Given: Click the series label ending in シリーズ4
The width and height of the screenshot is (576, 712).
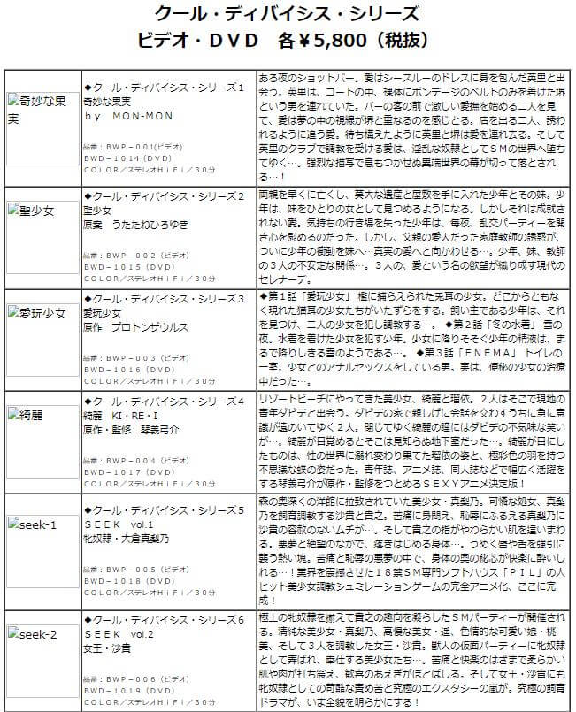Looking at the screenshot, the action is (x=164, y=401).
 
